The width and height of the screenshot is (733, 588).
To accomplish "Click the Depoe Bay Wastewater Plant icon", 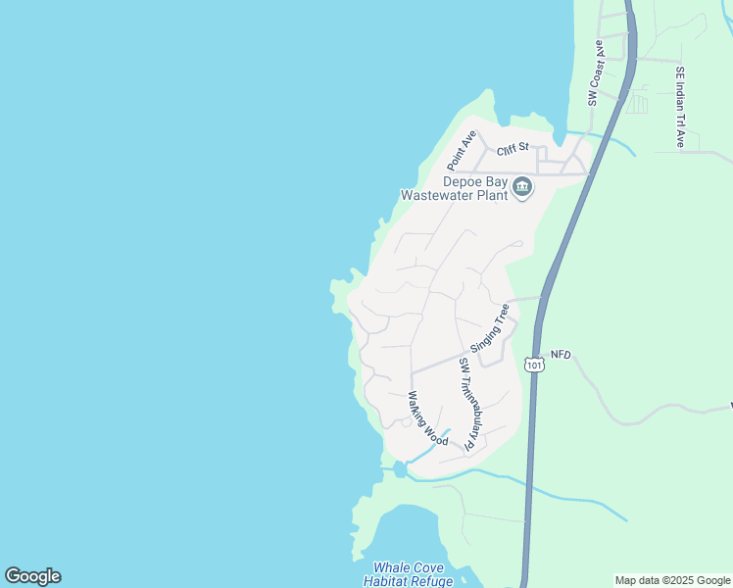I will coord(522,187).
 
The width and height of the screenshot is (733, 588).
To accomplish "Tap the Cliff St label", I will coord(513,150).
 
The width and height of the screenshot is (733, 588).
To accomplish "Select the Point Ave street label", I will coord(462,148).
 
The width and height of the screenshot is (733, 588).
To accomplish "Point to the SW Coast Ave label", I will coord(594,73).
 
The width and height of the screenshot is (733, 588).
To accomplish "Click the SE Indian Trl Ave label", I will coord(680,107).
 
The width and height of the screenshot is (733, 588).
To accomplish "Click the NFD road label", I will coord(560,354).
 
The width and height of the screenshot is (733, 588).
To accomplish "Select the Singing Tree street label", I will coord(490,327).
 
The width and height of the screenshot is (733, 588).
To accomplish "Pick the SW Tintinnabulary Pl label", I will coord(467,404).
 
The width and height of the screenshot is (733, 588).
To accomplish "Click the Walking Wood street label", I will coord(428,418).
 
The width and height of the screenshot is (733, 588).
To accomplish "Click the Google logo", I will coord(32,576).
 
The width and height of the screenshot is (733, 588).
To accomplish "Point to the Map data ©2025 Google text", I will coord(672,580).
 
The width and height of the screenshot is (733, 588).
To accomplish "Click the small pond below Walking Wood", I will coord(400,470).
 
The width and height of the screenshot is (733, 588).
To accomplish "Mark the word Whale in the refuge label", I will coord(392,567).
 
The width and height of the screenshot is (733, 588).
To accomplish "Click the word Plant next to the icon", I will coord(493,194).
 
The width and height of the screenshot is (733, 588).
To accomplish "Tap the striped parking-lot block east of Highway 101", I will coord(637,103).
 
